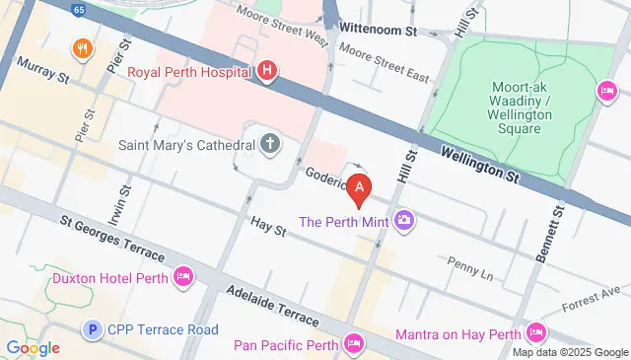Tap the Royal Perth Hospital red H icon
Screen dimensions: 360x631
[x=267, y=71]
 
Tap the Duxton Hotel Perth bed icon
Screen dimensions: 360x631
[x=182, y=277]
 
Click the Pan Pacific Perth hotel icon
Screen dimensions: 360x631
[x=354, y=344]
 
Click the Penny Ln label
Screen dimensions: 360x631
[x=468, y=264]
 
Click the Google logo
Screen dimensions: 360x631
[x=33, y=347]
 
